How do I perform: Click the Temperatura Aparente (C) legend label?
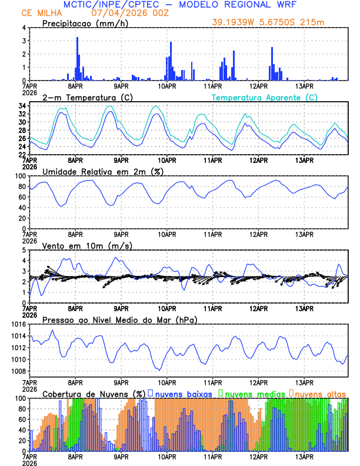(x=265, y=97)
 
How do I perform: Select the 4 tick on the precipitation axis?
(x=24, y=28)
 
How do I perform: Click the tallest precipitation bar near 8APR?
(x=77, y=59)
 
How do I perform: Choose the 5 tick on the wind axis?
(x=24, y=250)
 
